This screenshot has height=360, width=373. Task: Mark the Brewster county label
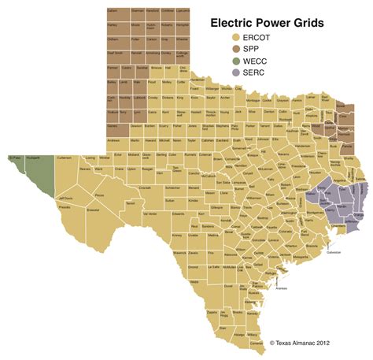[93, 211]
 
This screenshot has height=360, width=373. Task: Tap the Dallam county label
[113, 11]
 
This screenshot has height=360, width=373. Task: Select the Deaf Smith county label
[114, 54]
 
